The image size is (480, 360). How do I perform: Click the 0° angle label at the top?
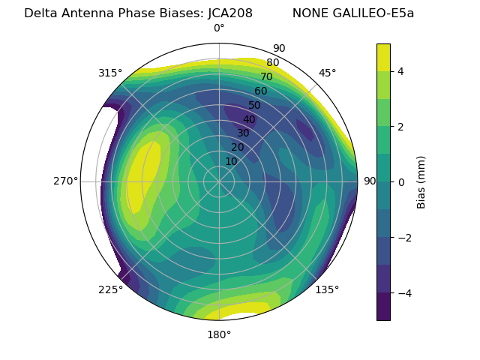click(x=219, y=28)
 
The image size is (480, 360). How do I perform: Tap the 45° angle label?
click(x=327, y=73)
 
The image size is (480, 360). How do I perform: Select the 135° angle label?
click(x=327, y=289)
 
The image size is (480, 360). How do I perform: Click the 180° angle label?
click(x=219, y=334)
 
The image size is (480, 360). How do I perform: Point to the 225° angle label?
click(x=110, y=289)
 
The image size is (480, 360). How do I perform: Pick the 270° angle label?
click(x=65, y=181)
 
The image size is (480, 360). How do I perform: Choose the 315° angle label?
click(x=110, y=73)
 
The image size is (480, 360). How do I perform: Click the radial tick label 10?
click(x=231, y=161)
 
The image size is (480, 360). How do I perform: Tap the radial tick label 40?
click(x=249, y=119)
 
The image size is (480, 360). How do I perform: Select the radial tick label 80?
click(x=272, y=63)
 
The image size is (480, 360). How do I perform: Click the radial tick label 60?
click(x=260, y=91)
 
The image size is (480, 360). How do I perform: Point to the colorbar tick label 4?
click(x=401, y=71)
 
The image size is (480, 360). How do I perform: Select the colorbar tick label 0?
click(x=401, y=182)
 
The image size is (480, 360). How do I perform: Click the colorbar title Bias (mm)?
click(x=421, y=182)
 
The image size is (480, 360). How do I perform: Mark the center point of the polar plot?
click(x=219, y=181)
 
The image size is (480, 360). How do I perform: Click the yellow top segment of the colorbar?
click(x=383, y=57)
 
